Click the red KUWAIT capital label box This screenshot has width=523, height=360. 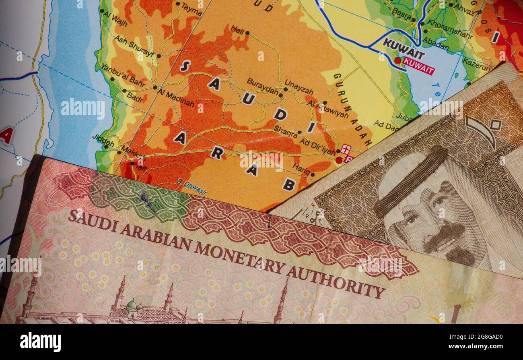(x=419, y=66)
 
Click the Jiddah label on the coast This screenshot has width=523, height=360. (x=103, y=141)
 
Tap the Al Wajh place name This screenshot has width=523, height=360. (x=115, y=19)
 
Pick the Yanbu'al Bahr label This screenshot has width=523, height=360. (x=123, y=75)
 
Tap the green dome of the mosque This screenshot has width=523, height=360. (x=131, y=305)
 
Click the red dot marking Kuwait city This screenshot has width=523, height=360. (x=397, y=60)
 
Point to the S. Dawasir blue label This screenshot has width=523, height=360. (x=192, y=187)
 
